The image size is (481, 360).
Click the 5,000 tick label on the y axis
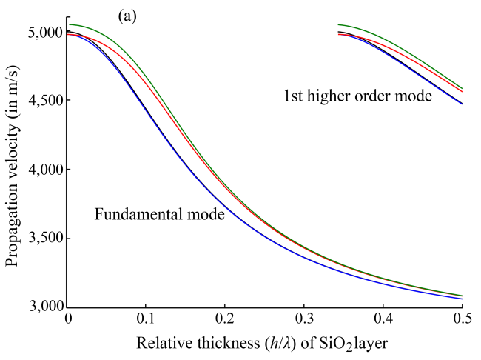[x=44, y=33]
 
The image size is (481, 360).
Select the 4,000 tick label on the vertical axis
[x=44, y=170]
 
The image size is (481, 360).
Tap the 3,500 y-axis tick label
[x=44, y=239]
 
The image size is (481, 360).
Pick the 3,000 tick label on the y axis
[x=44, y=307]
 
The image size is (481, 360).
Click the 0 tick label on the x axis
[x=69, y=319]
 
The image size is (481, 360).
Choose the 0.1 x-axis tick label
[x=147, y=319]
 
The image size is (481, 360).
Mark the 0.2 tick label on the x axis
[x=226, y=319]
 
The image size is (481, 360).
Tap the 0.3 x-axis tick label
[x=305, y=319]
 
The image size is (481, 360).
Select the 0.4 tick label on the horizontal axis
[x=383, y=319]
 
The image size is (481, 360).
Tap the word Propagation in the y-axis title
[x=13, y=224]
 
